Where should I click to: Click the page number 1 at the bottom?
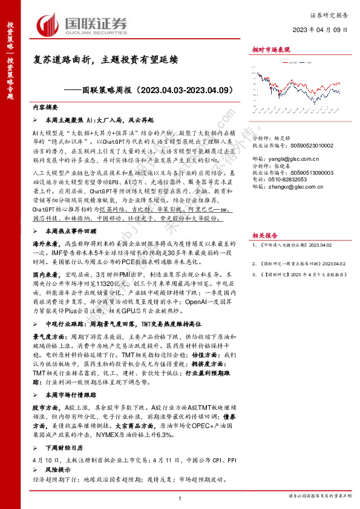pos(180,497)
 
